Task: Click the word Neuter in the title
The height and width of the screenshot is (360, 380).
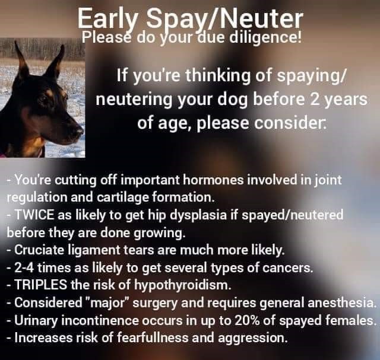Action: pyautogui.click(x=261, y=19)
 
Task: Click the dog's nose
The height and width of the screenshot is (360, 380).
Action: pyautogui.click(x=78, y=132)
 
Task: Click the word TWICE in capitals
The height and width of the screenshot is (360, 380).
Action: pyautogui.click(x=34, y=215)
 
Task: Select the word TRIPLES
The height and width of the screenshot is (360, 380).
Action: pyautogui.click(x=41, y=285)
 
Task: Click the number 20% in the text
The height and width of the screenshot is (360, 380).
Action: pyautogui.click(x=247, y=320)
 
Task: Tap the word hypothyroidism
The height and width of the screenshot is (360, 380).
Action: pyautogui.click(x=181, y=286)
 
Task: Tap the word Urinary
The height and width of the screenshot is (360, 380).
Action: pyautogui.click(x=36, y=321)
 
